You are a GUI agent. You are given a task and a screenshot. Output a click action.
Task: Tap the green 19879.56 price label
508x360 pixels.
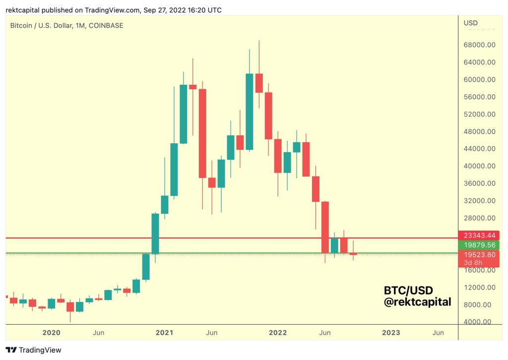click(x=478, y=245)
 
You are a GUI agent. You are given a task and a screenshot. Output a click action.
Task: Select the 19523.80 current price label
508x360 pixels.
click(x=478, y=254)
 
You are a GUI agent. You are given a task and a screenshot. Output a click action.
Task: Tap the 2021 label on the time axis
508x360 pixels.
click(x=164, y=332)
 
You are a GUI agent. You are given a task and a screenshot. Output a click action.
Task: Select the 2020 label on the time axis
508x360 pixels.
click(x=51, y=332)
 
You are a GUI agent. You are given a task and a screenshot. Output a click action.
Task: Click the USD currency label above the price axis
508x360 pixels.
click(x=470, y=23)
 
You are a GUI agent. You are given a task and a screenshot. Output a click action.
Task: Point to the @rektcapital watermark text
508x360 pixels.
click(x=418, y=301)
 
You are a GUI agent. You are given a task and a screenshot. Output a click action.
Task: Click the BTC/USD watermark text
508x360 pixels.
click(x=408, y=290)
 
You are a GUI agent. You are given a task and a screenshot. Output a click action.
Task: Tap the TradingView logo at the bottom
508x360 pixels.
click(x=34, y=350)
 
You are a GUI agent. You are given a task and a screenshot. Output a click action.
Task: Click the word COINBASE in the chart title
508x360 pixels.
click(x=106, y=25)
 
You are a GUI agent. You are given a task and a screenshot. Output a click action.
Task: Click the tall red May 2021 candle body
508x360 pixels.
click(x=202, y=133)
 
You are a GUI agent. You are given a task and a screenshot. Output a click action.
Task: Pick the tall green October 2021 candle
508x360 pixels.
click(x=250, y=112)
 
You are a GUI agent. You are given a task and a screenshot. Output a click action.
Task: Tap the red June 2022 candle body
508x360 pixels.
click(x=325, y=227)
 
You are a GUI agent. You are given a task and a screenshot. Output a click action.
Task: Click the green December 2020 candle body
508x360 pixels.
click(x=155, y=233)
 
